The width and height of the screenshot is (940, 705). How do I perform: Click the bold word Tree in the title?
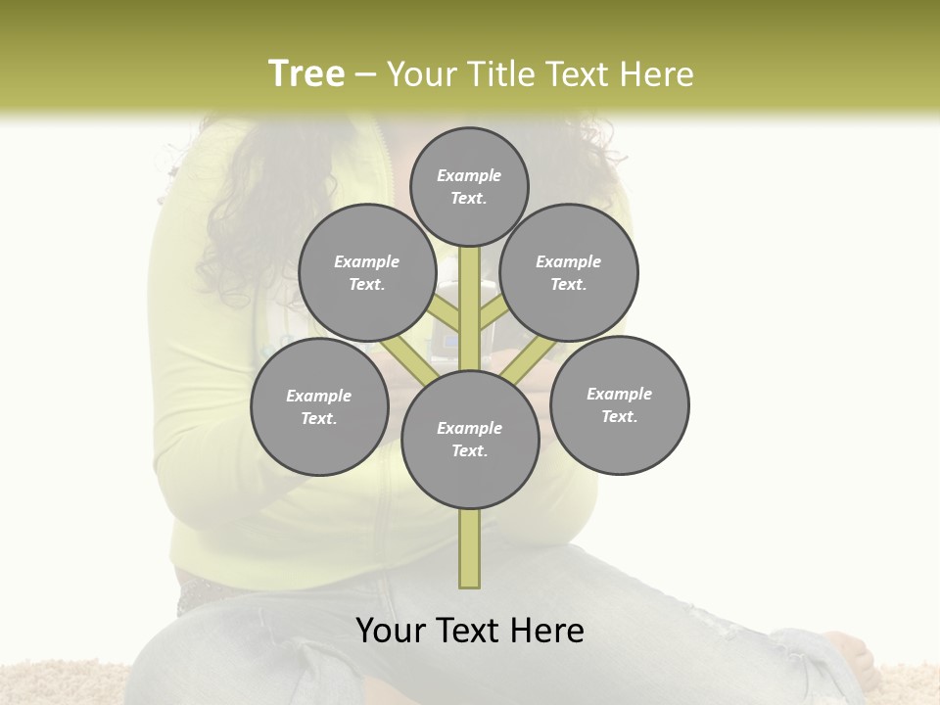point(306,73)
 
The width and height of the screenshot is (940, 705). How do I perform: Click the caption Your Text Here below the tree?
point(470,631)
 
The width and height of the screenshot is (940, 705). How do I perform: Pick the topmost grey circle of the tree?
point(469,186)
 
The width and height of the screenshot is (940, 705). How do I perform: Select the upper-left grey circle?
point(367,272)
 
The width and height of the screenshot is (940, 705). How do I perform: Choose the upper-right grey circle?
point(569,272)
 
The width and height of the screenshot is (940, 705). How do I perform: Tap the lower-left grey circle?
point(319,406)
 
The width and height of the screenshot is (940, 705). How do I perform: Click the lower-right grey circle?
point(619,404)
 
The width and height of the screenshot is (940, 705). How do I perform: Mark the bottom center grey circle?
point(470,439)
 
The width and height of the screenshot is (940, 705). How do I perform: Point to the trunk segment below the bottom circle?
point(470,548)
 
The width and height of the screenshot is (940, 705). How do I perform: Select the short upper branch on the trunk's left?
point(446,313)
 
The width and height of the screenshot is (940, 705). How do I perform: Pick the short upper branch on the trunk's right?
point(493,313)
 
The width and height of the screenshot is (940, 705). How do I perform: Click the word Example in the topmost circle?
point(469,175)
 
